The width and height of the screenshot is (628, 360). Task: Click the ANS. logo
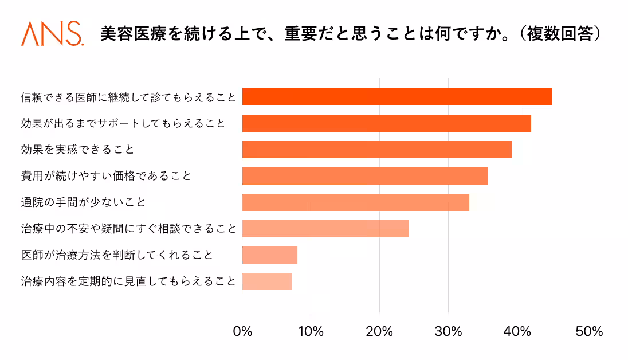pos(52,34)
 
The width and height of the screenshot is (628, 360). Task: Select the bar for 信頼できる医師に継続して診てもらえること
pos(397,97)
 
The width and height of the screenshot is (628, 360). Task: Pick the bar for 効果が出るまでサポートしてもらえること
pos(386,123)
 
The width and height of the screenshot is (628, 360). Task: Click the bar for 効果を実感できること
pos(377,150)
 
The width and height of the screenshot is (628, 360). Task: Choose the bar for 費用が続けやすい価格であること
pos(365,176)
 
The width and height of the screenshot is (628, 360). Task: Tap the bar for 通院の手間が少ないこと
pos(355,202)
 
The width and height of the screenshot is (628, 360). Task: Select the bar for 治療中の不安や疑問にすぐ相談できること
pos(325,229)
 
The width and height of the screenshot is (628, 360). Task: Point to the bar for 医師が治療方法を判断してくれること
pos(269,255)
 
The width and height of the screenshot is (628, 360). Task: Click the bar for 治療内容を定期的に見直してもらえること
pos(267,281)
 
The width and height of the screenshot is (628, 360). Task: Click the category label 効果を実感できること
pos(77,150)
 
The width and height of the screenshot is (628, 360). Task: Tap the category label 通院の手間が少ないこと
pos(83,202)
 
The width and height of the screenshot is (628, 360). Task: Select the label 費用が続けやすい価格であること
pos(106,176)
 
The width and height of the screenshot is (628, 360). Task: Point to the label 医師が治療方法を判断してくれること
pos(117,255)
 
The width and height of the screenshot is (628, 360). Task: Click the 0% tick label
pos(242,331)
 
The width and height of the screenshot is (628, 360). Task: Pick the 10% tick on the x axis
pos(311,331)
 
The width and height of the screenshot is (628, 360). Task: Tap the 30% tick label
pos(448,331)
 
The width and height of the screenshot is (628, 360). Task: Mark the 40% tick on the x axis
pos(517,331)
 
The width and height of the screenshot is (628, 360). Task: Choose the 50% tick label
pos(586,331)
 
